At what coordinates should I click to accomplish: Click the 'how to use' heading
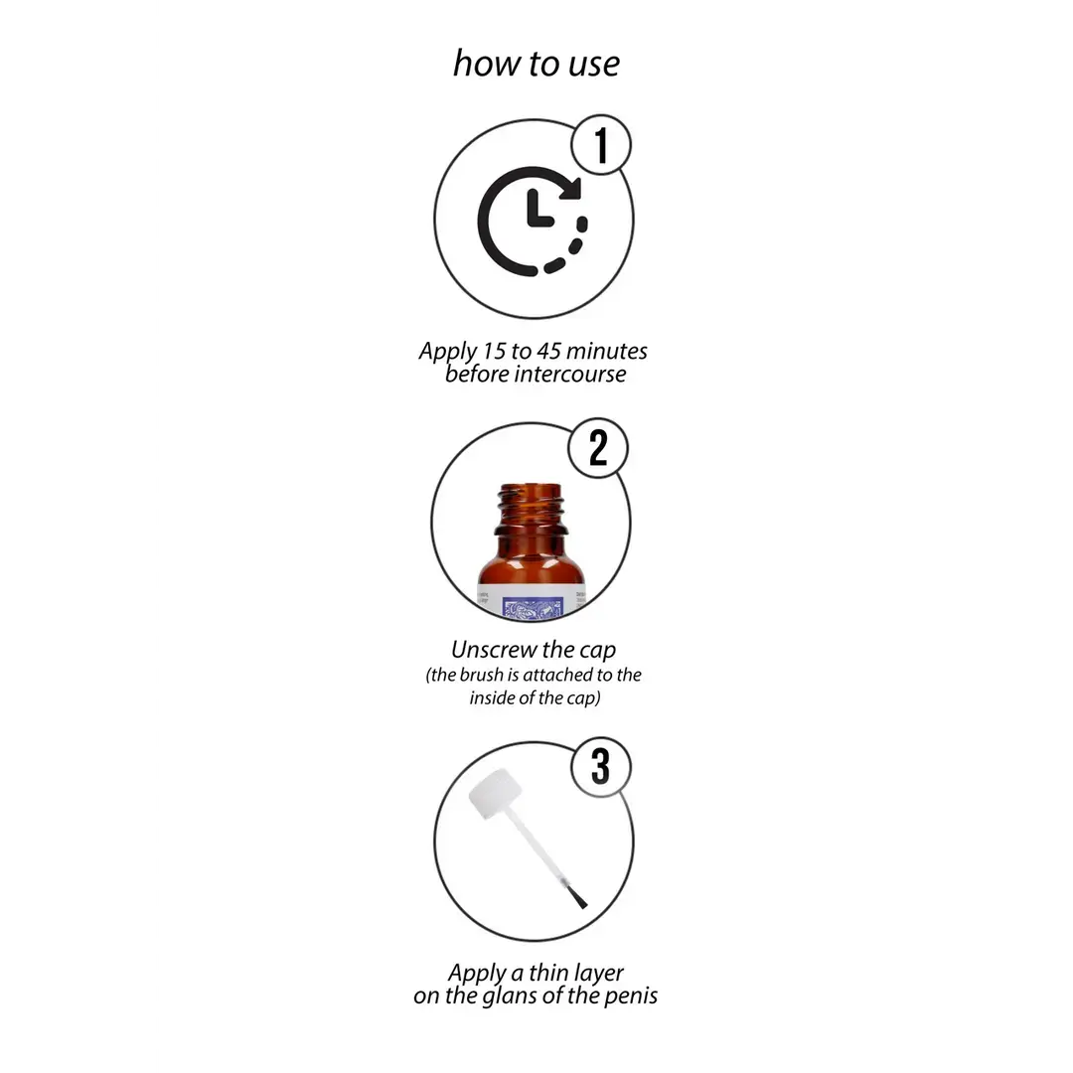[x=536, y=64]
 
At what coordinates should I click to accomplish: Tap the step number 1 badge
[x=601, y=145]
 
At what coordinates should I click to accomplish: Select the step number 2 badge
[x=598, y=448]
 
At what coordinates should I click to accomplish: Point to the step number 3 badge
[x=601, y=766]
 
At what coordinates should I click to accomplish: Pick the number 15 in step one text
[x=494, y=351]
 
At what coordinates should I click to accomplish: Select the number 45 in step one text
[x=548, y=351]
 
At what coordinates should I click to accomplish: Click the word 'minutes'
[x=606, y=351]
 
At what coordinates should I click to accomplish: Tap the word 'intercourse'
[x=570, y=375]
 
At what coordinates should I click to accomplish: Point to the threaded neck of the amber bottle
[x=531, y=509]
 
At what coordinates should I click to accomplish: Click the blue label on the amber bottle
[x=532, y=606]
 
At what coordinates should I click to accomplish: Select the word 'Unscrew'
[x=494, y=650]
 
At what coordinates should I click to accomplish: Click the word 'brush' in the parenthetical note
[x=481, y=675]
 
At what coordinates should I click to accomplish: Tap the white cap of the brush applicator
[x=496, y=794]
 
